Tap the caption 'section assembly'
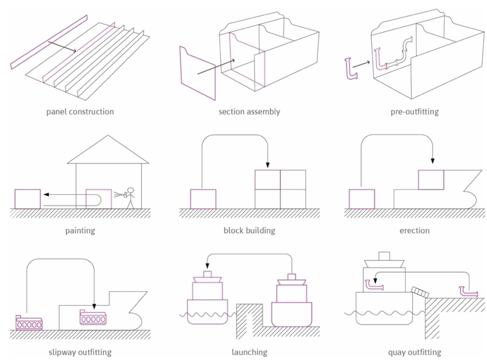(x=249, y=112)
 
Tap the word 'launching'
(x=249, y=352)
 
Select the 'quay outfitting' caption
(x=415, y=352)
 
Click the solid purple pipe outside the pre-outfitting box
(x=350, y=70)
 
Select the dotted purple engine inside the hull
(x=93, y=317)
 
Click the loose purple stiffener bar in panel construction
(x=48, y=43)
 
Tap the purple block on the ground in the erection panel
(x=362, y=199)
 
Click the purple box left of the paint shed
(x=28, y=199)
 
